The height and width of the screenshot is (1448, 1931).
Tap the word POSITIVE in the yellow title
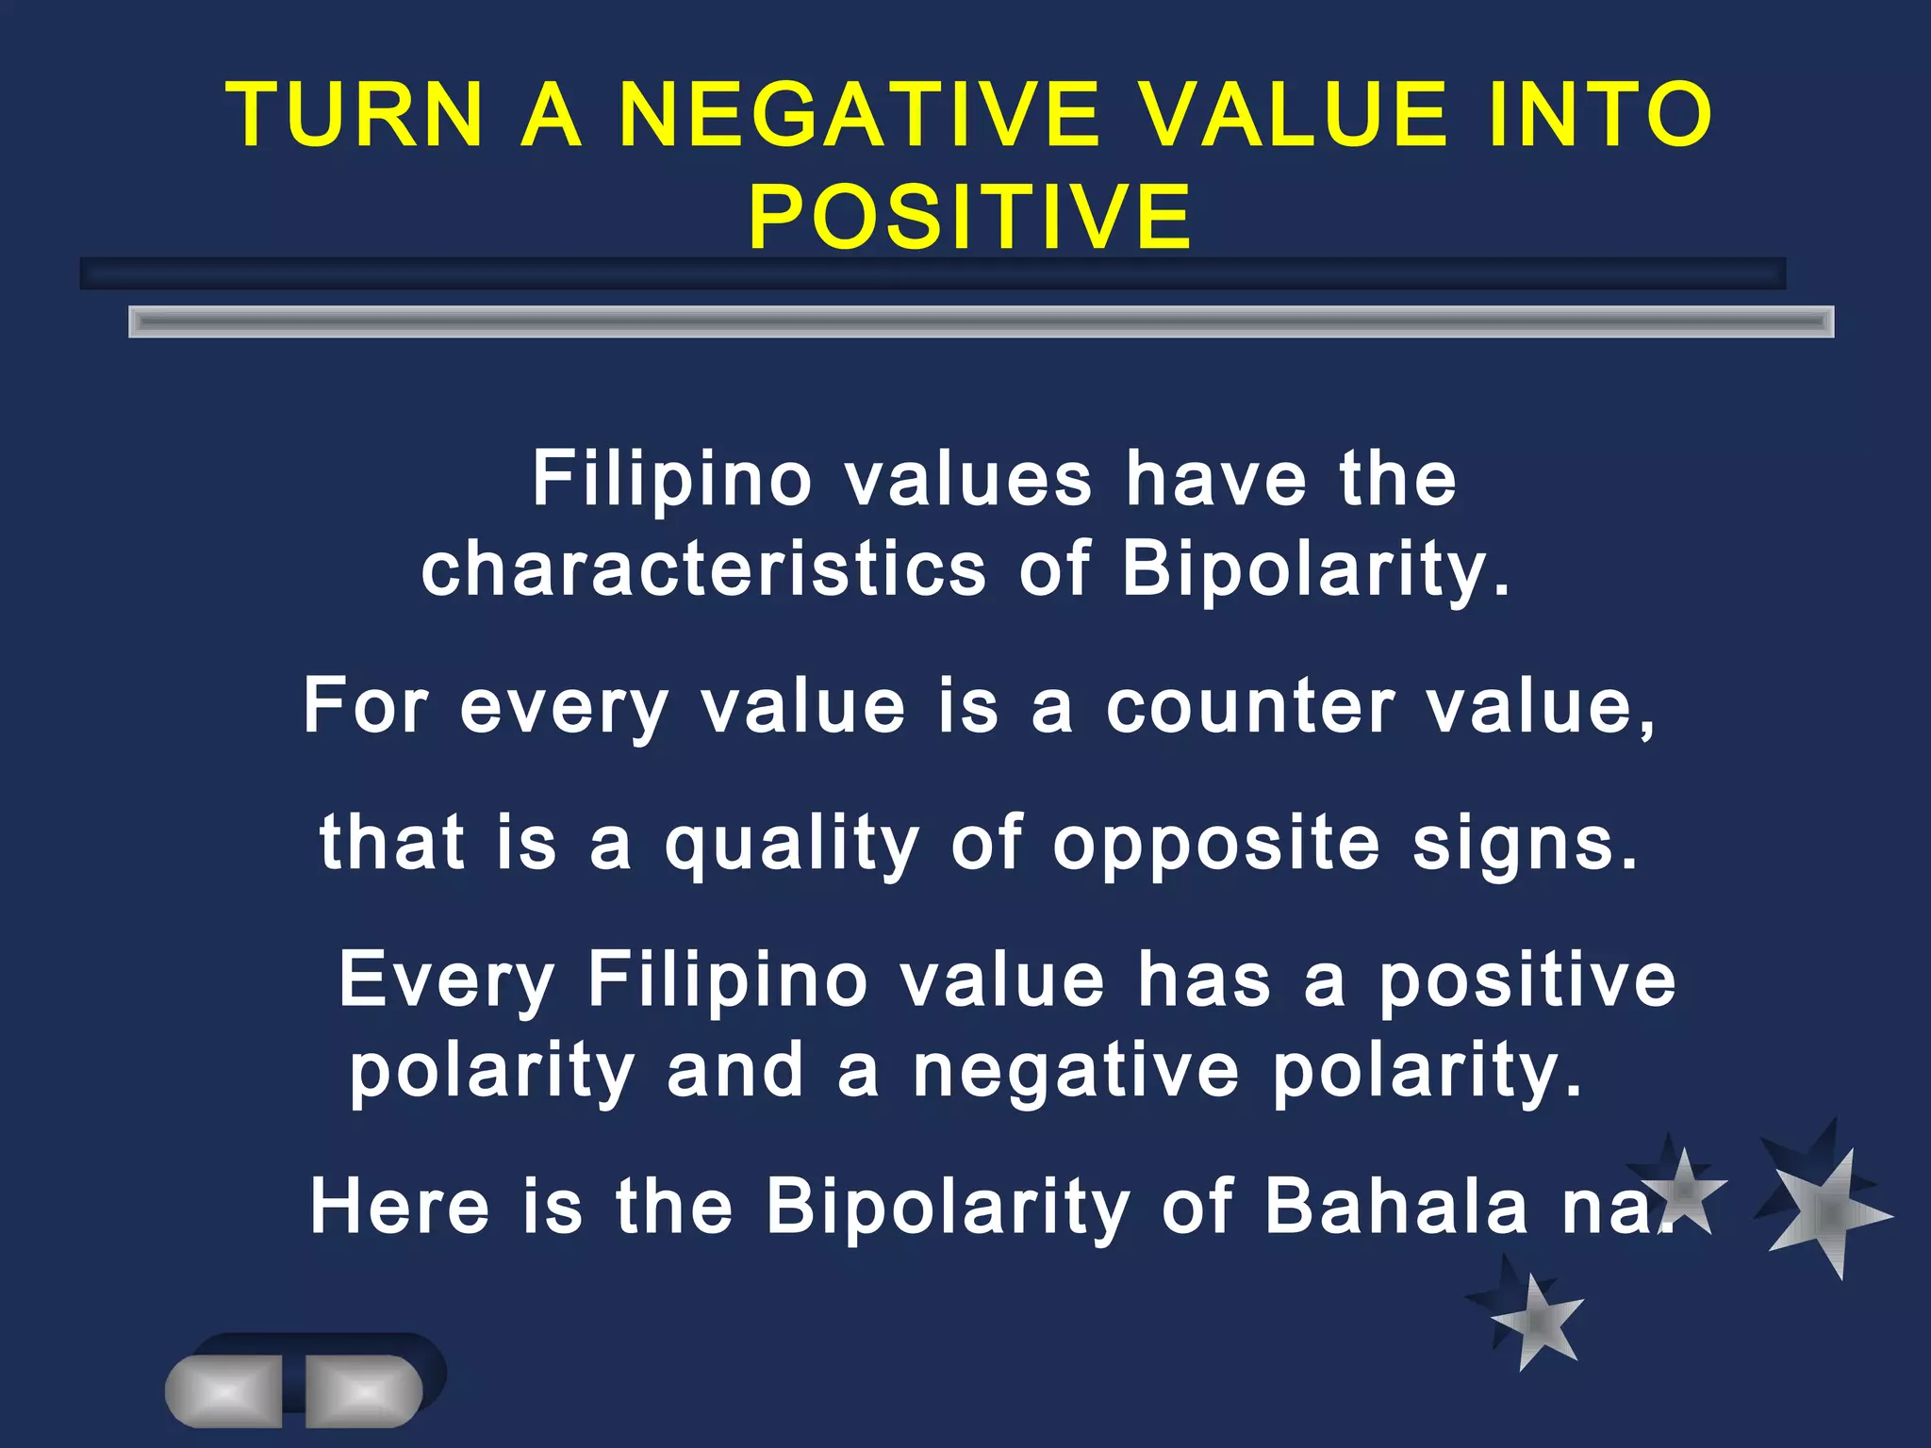point(970,217)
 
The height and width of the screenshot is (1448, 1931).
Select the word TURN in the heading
point(356,115)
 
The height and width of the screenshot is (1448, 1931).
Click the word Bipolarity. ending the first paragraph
point(1315,570)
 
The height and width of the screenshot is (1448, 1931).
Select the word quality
point(791,844)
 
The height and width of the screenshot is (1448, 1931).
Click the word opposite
point(1216,844)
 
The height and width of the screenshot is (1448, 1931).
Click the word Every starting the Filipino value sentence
point(446,980)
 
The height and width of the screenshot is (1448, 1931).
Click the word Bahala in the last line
point(1395,1206)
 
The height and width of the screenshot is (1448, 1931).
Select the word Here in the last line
point(400,1206)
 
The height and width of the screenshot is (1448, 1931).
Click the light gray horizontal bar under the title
point(981,321)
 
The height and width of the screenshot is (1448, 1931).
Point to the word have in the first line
point(1216,479)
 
